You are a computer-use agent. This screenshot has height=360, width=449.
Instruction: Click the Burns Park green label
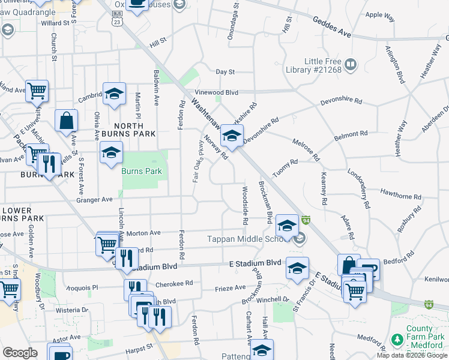(x=142, y=171)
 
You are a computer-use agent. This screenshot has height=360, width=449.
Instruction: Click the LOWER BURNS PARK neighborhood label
(x=22, y=214)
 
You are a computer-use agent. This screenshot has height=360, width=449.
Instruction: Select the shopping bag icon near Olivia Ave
(x=66, y=120)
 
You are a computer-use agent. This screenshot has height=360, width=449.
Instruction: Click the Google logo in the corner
(x=20, y=353)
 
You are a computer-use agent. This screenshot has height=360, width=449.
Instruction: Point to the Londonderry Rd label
(x=358, y=188)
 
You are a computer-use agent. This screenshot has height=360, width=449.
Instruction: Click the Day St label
(x=225, y=72)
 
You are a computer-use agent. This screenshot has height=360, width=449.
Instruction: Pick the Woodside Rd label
(x=245, y=206)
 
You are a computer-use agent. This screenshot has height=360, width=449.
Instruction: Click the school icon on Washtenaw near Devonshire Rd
(x=232, y=135)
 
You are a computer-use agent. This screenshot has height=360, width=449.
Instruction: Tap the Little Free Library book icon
(x=351, y=63)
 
